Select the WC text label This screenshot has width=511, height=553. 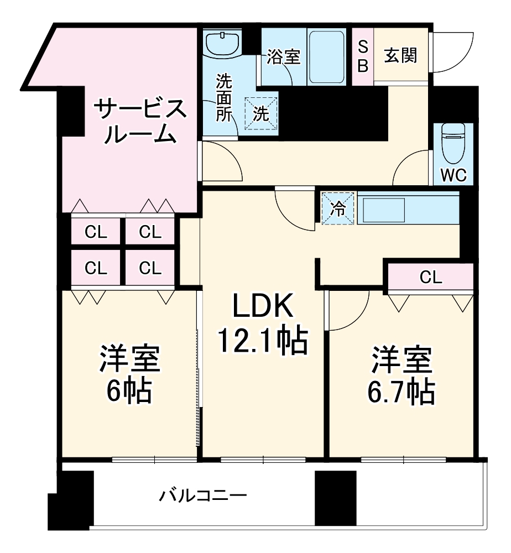(x=454, y=175)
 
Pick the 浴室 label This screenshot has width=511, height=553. (x=284, y=56)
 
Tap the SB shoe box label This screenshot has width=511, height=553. (x=363, y=55)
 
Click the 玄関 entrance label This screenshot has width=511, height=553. (x=401, y=55)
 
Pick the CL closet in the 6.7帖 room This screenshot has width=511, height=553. (x=431, y=278)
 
